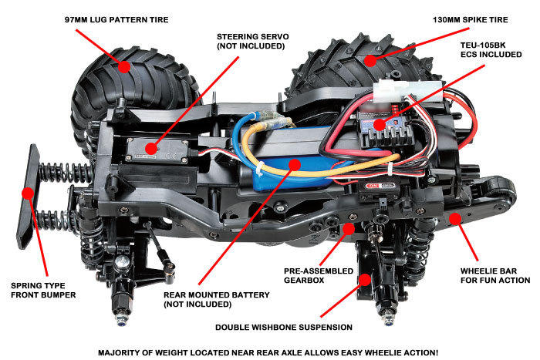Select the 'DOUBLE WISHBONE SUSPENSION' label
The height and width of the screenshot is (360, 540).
coord(285,327)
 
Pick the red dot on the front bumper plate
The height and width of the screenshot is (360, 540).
coord(29,193)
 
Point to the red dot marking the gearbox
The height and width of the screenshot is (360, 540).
coord(349,228)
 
